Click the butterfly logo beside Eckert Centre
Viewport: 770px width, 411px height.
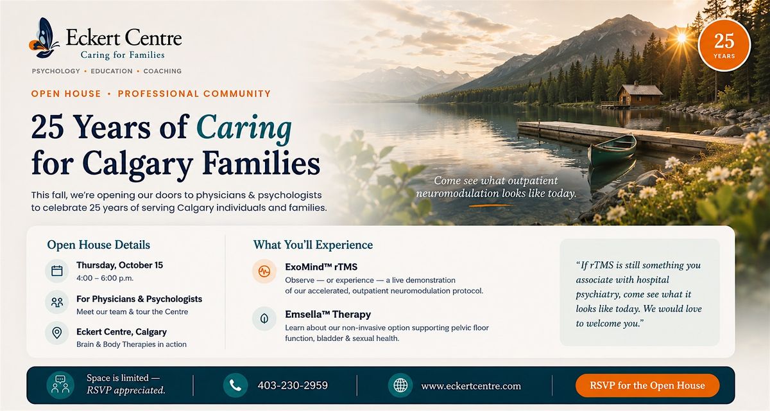point(44,38)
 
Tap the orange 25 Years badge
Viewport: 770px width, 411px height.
point(724,46)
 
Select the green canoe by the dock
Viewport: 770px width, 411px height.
point(612,150)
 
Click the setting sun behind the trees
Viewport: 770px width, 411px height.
point(681,38)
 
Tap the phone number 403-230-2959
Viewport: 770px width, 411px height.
point(293,385)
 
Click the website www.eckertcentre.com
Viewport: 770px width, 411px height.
point(471,386)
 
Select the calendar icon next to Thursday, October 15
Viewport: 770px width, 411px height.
point(56,271)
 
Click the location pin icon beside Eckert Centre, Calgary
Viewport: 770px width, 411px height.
point(56,333)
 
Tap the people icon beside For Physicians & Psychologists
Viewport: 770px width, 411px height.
point(56,302)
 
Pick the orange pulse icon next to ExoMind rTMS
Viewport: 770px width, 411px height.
point(264,272)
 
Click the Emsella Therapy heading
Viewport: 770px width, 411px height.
point(328,315)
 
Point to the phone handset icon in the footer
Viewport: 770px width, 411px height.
point(235,385)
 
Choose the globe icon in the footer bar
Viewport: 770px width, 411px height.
point(400,385)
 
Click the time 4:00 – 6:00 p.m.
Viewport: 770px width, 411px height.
point(105,278)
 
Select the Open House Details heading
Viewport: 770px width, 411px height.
point(98,245)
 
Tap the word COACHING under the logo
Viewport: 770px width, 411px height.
point(162,71)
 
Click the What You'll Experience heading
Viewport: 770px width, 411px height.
point(313,245)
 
